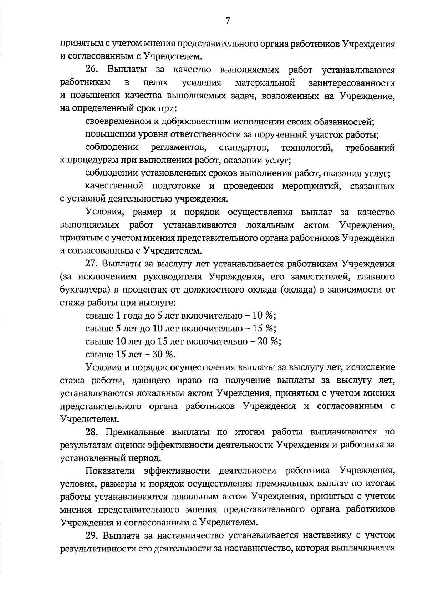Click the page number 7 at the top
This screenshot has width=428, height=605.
pyautogui.click(x=227, y=21)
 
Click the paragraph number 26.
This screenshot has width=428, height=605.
pyautogui.click(x=92, y=70)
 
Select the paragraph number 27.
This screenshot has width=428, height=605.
pyautogui.click(x=92, y=264)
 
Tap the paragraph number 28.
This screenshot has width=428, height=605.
pyautogui.click(x=92, y=432)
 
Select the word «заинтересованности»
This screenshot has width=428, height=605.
pyautogui.click(x=352, y=83)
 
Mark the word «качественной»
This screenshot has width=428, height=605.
pyautogui.click(x=114, y=186)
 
